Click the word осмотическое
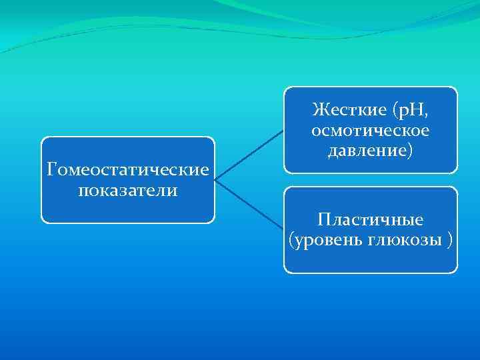(x=371, y=131)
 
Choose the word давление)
(x=371, y=151)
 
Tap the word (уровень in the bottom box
(x=321, y=239)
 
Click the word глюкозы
(x=399, y=239)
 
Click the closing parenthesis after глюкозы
(x=450, y=239)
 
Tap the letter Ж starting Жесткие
(x=318, y=109)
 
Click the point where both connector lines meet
(x=215, y=179)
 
